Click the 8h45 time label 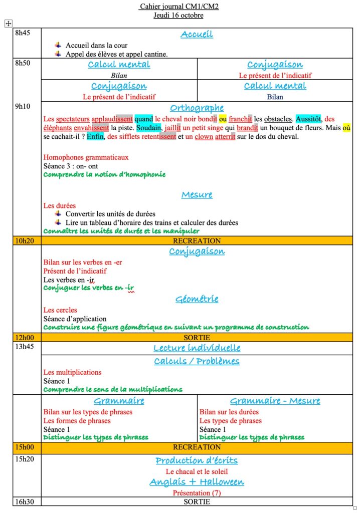[x=23, y=34]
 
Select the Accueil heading [x=197, y=34]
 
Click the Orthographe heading [x=197, y=108]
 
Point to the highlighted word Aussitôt [x=308, y=119]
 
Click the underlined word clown [x=204, y=136]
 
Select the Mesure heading [x=197, y=194]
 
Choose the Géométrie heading [x=197, y=299]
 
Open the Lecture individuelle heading [x=197, y=348]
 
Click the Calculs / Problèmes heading [x=197, y=361]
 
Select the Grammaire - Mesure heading [x=275, y=401]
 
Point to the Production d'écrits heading [x=197, y=460]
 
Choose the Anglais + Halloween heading [x=197, y=482]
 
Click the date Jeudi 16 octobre [x=179, y=15]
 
